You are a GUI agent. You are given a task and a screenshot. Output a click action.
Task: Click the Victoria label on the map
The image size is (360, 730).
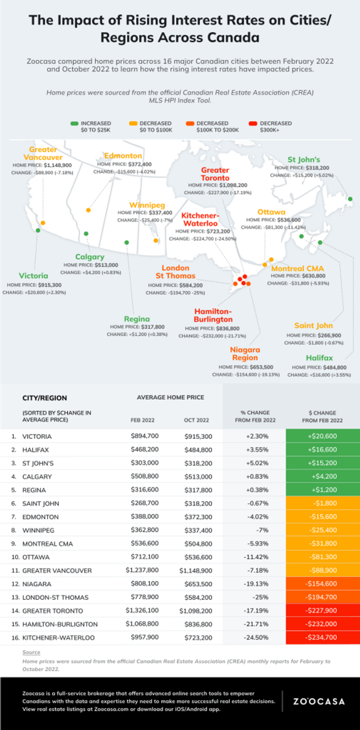click(33, 276)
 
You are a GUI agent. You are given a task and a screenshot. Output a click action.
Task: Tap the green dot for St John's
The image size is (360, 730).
click(350, 199)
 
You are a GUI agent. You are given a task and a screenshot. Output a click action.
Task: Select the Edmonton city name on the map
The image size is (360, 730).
click(123, 156)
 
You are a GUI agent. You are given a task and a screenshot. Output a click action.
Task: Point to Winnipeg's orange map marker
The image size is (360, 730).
click(156, 241)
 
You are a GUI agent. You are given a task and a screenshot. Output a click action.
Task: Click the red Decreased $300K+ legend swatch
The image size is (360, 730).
click(253, 123)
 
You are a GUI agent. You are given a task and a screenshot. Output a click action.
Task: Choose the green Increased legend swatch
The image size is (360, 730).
click(75, 123)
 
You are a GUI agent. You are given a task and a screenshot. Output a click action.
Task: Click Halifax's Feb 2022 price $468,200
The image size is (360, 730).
click(145, 449)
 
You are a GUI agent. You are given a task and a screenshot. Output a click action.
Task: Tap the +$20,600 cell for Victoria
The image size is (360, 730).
click(323, 436)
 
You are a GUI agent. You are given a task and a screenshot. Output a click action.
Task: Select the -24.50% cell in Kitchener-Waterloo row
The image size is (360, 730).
click(256, 637)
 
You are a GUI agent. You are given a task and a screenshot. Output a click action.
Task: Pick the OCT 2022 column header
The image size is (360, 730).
click(196, 420)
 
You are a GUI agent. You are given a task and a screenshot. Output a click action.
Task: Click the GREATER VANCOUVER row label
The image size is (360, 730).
click(57, 571)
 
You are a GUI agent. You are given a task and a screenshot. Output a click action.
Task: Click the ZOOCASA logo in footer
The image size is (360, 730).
click(319, 701)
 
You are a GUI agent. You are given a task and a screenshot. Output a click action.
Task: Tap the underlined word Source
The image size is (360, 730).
click(31, 652)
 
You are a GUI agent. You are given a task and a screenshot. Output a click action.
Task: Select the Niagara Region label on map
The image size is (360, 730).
click(245, 354)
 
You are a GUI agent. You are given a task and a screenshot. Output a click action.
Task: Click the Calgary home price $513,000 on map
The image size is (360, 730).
click(106, 265)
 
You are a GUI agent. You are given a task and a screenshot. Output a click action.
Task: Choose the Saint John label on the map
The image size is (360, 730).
click(313, 326)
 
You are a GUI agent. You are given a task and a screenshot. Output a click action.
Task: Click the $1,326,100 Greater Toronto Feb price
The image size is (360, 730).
click(142, 610)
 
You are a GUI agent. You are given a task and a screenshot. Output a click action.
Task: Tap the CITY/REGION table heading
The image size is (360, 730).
click(44, 398)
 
